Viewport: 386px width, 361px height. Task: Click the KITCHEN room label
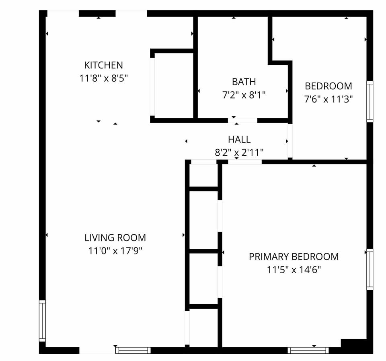coord(103,65)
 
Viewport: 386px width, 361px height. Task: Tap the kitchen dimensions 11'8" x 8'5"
coord(103,78)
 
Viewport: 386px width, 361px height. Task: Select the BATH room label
coord(244,82)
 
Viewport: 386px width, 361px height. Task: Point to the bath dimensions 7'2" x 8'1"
coord(244,95)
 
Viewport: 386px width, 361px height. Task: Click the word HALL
coord(239,140)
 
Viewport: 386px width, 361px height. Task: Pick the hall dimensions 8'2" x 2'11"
coord(239,153)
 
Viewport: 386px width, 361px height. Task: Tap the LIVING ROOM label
coord(115,237)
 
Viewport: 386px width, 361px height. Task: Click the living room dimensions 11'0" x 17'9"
coord(115,251)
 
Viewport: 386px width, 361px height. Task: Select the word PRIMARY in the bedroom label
coord(269,256)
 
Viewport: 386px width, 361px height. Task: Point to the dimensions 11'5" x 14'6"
coord(294,270)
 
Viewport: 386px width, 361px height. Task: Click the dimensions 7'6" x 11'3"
coord(328,99)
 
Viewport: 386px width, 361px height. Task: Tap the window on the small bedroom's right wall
coord(370,101)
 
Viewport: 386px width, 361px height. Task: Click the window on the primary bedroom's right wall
coord(370,269)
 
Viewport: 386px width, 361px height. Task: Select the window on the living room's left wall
coord(42,321)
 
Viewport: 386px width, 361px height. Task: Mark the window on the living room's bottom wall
coord(133,350)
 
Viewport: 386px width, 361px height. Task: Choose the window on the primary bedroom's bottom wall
coord(308,350)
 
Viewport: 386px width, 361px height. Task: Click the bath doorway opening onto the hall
coord(243,120)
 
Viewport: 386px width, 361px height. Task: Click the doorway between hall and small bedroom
coord(290,141)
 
